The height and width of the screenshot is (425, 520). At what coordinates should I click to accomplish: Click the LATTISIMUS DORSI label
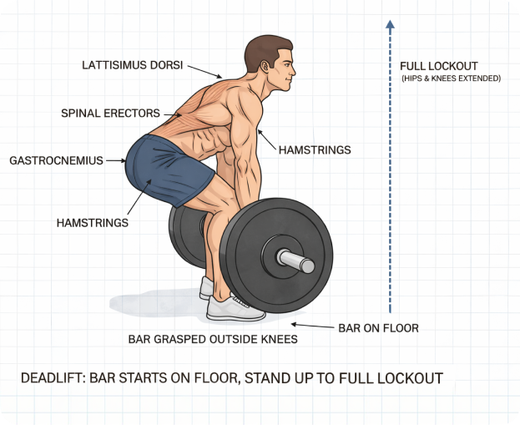coord(133,65)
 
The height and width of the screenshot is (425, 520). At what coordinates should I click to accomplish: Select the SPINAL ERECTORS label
coord(110,113)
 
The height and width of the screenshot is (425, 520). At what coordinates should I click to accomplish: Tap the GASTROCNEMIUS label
coord(57,160)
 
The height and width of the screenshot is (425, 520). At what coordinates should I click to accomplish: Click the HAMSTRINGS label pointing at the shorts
coord(92,223)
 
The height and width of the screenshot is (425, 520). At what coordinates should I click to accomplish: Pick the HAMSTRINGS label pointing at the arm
coord(315,150)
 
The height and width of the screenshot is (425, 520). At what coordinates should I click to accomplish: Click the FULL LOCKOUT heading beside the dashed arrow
coord(439,66)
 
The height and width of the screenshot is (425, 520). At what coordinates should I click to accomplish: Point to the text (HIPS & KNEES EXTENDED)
coord(451,78)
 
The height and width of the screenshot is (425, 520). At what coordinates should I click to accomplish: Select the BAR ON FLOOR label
coord(378,328)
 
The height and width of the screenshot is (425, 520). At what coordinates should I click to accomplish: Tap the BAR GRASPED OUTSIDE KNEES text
coord(213,339)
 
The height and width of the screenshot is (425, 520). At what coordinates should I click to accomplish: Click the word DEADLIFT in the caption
coord(51,378)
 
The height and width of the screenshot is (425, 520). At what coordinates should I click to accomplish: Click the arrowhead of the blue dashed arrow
coord(390,24)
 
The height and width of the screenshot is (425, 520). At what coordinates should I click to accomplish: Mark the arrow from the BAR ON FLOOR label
coord(313,326)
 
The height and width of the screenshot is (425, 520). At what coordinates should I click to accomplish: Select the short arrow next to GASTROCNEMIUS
coord(116,160)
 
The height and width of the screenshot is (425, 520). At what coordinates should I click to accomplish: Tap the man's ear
coord(265,67)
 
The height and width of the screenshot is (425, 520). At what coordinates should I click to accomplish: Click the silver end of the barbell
coord(296,261)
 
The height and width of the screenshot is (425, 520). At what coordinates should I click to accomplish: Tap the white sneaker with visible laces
coord(235,308)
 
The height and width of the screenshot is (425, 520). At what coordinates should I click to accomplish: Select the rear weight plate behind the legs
coord(187,235)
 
